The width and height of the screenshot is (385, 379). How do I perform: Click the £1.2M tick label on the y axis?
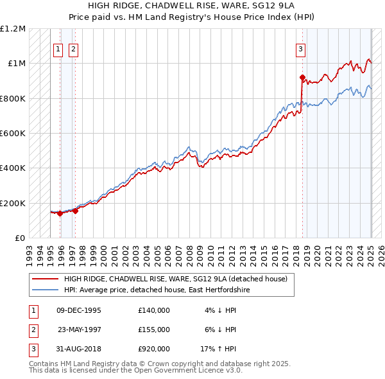click(x=13, y=29)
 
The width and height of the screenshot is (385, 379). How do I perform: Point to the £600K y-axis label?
click(x=13, y=133)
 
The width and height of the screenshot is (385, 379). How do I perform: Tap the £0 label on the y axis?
click(x=20, y=238)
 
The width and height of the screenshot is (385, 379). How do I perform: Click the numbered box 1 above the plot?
click(x=58, y=48)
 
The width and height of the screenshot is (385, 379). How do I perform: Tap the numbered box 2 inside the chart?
click(x=73, y=48)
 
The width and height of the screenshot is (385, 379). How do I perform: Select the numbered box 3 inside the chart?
click(x=300, y=48)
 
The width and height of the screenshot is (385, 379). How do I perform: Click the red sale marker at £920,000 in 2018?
click(x=302, y=78)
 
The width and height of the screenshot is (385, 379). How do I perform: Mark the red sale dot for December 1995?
click(x=60, y=214)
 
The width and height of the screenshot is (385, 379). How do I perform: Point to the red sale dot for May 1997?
click(x=76, y=210)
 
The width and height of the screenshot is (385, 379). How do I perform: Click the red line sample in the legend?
click(x=45, y=279)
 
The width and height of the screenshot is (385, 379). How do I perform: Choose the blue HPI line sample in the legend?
click(x=45, y=290)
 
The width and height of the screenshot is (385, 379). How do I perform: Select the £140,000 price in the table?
click(x=153, y=310)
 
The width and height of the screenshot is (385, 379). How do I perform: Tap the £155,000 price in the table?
click(x=153, y=330)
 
